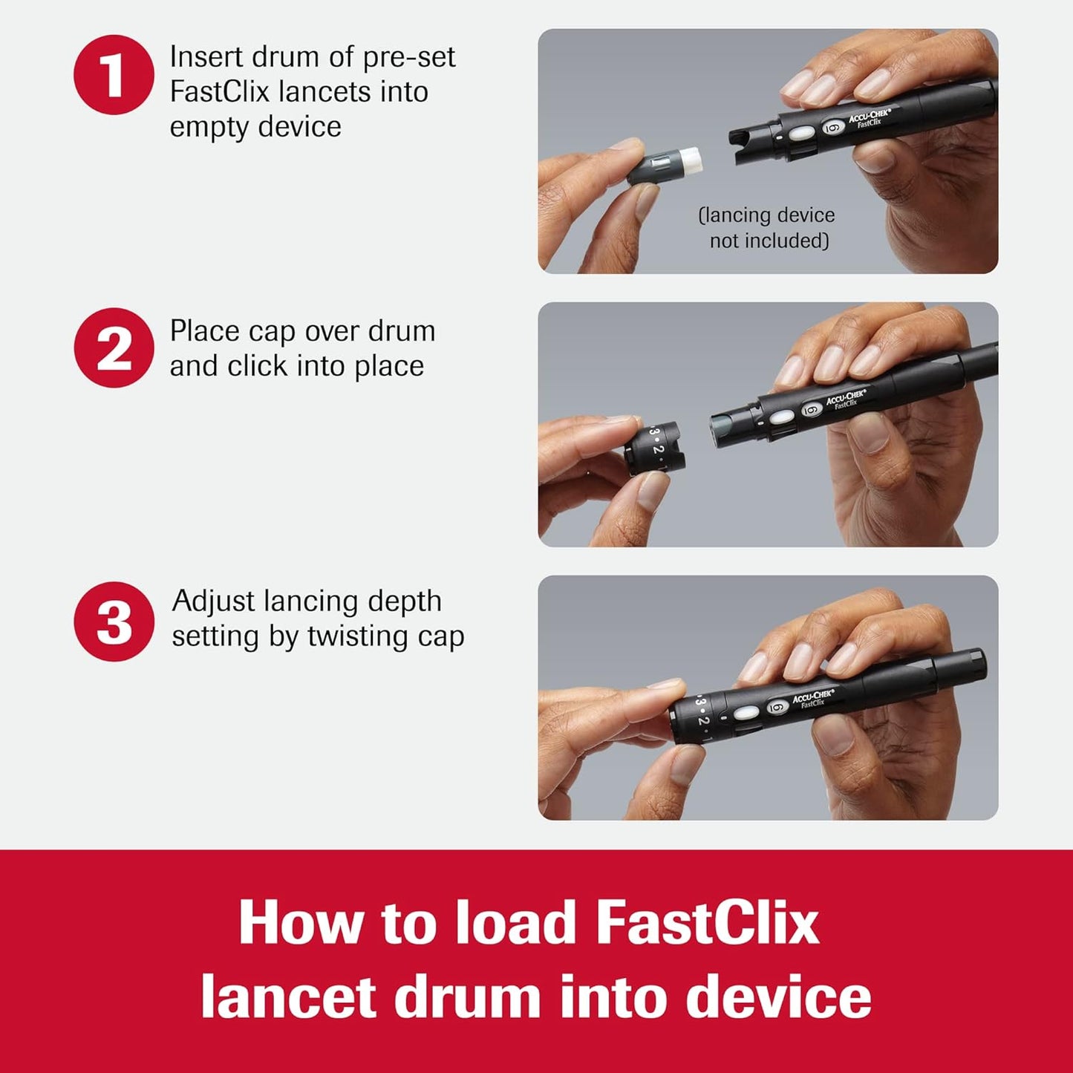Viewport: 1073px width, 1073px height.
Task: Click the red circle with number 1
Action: click(114, 74)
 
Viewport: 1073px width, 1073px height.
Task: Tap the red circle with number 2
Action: click(114, 348)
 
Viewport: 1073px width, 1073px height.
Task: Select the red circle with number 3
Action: click(114, 621)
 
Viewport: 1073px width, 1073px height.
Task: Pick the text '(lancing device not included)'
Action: click(767, 228)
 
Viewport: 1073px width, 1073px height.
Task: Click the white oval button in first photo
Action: click(801, 134)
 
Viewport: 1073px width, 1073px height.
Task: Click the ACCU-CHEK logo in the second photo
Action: click(847, 398)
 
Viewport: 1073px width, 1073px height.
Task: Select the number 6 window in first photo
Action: click(832, 128)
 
